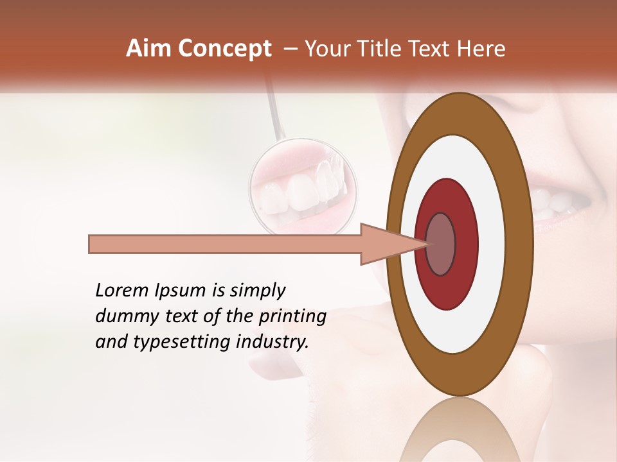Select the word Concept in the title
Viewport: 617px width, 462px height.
[x=224, y=49]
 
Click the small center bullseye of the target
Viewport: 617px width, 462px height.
[x=441, y=244]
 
